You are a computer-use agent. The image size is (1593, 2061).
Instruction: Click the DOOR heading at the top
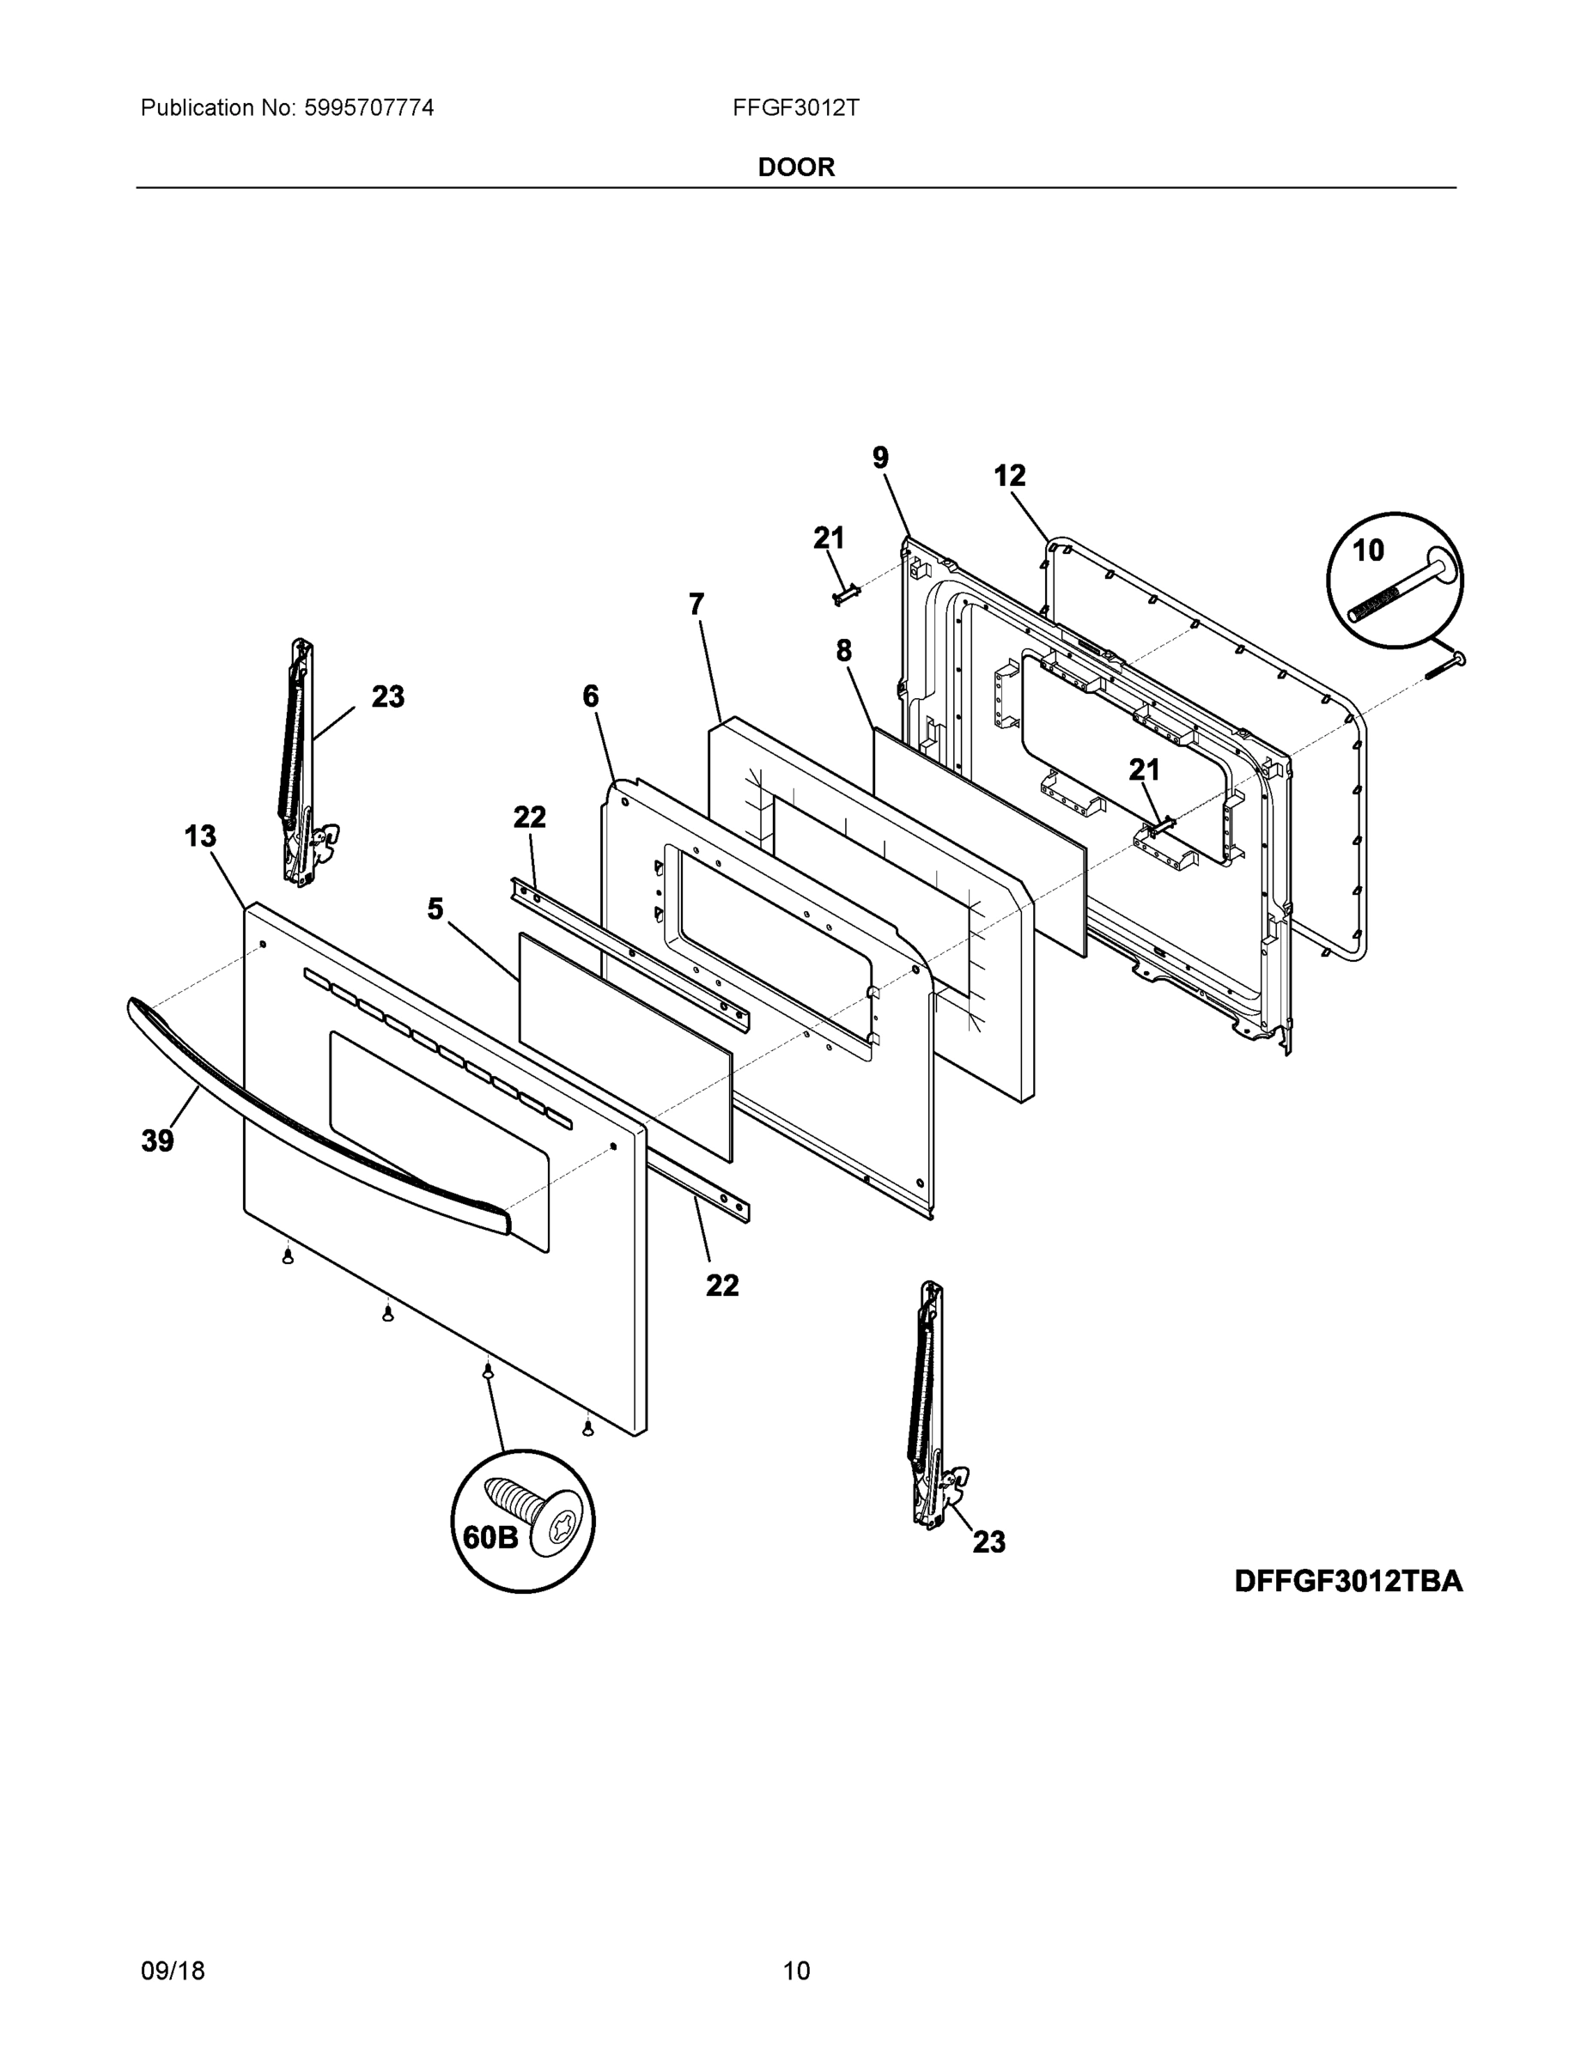[x=795, y=167]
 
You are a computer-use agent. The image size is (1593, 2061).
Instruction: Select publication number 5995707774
[x=368, y=107]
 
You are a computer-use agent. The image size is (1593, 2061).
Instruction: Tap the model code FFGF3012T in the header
[x=795, y=107]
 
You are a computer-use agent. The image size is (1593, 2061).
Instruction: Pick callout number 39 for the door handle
[x=158, y=1141]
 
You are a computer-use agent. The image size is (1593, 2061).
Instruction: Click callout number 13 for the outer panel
[x=200, y=836]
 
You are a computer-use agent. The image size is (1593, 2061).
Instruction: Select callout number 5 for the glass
[x=435, y=909]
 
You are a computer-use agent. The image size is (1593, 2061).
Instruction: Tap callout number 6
[x=591, y=696]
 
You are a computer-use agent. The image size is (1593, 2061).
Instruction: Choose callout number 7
[x=696, y=604]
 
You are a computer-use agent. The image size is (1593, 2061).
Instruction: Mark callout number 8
[x=843, y=650]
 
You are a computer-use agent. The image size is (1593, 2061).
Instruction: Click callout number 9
[x=880, y=458]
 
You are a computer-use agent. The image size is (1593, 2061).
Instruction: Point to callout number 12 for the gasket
[x=1010, y=476]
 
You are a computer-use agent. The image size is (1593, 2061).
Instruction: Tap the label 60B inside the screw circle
[x=489, y=1537]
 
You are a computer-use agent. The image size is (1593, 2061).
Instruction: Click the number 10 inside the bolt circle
[x=1368, y=550]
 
